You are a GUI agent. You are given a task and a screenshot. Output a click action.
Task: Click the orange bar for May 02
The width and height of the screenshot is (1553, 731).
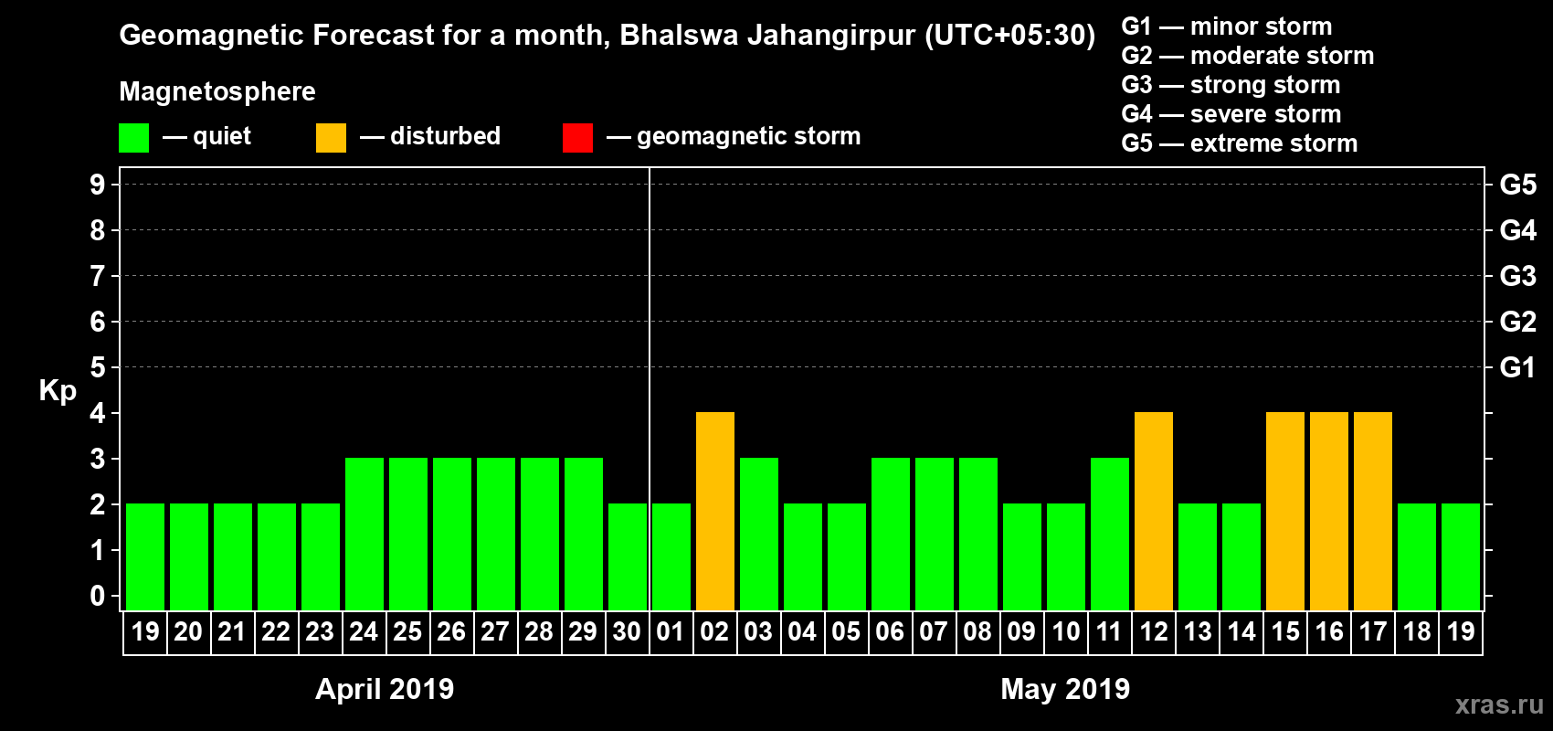(715, 511)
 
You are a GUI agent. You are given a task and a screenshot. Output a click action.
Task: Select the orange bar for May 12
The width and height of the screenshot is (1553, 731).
(1154, 511)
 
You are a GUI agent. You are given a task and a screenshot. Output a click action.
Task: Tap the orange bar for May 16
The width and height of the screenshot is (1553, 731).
(1329, 511)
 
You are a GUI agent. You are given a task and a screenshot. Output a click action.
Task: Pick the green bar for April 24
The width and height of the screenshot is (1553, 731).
(364, 534)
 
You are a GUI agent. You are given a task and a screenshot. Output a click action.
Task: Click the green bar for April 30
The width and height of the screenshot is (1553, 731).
(628, 556)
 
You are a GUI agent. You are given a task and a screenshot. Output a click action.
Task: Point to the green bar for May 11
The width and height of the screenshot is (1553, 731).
(1110, 534)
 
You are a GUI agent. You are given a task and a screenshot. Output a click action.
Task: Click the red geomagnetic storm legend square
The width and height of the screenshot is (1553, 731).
(577, 138)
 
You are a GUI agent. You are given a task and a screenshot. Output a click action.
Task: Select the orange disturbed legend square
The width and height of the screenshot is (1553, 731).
(331, 138)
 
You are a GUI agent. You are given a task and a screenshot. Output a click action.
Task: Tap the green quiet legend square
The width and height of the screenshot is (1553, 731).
(133, 138)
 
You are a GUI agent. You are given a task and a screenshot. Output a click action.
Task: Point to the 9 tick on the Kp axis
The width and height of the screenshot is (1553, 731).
(98, 185)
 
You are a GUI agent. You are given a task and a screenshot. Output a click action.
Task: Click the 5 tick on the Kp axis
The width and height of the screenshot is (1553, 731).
(98, 367)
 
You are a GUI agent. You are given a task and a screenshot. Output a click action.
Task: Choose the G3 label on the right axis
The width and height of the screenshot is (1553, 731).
(1517, 276)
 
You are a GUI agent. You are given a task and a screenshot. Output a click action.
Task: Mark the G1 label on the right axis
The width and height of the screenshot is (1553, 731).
(1517, 367)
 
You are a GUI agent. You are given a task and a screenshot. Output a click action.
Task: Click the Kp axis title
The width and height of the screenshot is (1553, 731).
(58, 391)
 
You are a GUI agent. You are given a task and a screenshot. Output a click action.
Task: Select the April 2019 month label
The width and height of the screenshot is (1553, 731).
(385, 689)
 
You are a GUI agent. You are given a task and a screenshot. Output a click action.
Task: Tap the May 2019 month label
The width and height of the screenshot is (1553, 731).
(1065, 689)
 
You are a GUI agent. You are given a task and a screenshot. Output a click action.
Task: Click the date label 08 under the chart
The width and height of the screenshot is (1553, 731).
(977, 631)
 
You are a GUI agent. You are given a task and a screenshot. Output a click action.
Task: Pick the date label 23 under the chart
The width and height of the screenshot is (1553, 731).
(320, 631)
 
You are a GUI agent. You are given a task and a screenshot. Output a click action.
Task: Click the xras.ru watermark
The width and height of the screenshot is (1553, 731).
(1499, 705)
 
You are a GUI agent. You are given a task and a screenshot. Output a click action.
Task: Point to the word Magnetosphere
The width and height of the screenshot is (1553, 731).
(217, 91)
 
